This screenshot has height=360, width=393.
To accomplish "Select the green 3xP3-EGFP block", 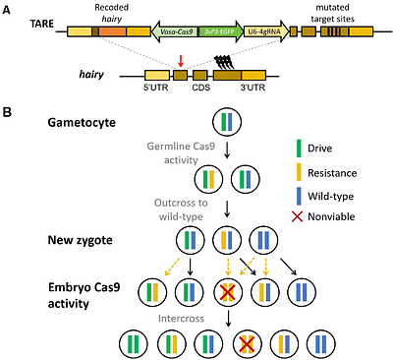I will point(219,33).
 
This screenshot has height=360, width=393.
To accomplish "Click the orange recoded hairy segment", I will point(111,33).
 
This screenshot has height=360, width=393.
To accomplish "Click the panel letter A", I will point(8,9).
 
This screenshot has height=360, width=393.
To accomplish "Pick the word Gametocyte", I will point(84,123).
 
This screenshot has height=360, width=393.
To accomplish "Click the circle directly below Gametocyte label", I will point(227,123).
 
